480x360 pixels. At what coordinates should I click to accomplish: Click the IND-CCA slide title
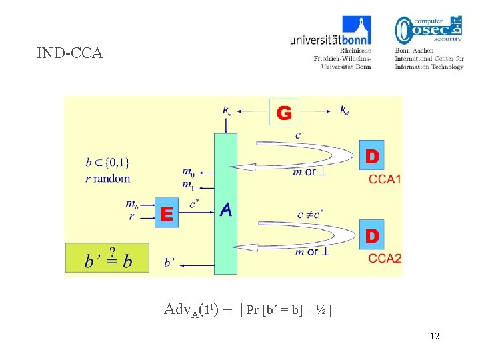[x=70, y=53]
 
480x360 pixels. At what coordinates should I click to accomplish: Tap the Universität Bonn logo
[x=331, y=41]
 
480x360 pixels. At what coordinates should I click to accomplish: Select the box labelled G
[x=284, y=113]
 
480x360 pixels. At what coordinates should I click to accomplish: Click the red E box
[x=167, y=213]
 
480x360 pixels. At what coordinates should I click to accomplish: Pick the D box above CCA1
[x=372, y=157]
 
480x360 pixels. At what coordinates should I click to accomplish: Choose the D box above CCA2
[x=372, y=235]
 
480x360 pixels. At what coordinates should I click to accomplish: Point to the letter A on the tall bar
[x=226, y=210]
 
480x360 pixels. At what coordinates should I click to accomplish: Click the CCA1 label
[x=385, y=179]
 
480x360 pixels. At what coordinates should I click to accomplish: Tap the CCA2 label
[x=385, y=258]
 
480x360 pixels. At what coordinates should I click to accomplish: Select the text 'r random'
[x=108, y=178]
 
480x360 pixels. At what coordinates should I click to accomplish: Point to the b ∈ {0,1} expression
[x=107, y=161]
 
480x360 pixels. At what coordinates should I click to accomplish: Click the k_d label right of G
[x=344, y=109]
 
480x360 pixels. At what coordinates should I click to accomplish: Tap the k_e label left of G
[x=228, y=109]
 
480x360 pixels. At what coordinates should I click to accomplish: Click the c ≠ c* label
[x=310, y=213]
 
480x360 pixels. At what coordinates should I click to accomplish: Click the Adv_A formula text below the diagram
[x=248, y=309]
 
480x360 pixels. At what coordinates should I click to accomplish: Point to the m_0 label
[x=188, y=173]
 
